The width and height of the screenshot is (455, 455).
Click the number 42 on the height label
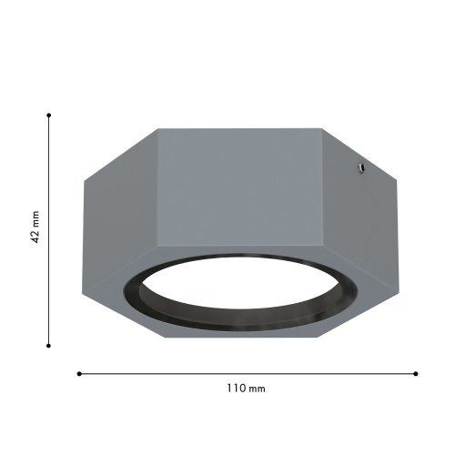[35, 237]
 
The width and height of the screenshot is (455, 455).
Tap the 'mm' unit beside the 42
[36, 219]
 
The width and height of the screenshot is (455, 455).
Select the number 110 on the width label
[237, 388]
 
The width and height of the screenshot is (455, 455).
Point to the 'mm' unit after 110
[257, 389]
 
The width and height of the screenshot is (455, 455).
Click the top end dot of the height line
[48, 116]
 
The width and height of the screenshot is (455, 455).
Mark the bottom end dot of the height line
[48, 346]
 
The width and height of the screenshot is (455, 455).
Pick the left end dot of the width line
[79, 374]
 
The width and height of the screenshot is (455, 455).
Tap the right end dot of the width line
[416, 374]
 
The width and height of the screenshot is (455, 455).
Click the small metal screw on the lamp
[361, 167]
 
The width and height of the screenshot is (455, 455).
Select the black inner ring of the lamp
[239, 325]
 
